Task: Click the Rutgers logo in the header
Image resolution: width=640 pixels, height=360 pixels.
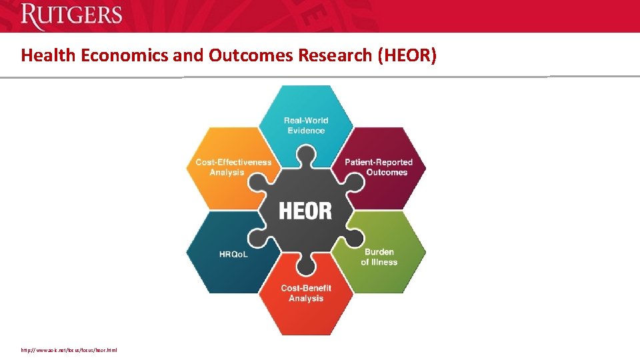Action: click(71, 15)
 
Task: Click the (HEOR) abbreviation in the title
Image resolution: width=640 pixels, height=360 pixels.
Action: click(407, 55)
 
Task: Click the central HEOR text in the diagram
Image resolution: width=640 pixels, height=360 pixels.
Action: click(305, 211)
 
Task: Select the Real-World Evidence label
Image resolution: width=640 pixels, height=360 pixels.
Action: click(306, 125)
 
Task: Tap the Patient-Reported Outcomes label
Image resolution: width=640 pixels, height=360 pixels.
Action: click(379, 167)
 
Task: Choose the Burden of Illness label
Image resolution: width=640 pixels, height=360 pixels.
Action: click(379, 257)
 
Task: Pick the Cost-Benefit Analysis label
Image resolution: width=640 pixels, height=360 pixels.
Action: click(306, 293)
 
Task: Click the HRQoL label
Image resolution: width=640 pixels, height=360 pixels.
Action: click(233, 255)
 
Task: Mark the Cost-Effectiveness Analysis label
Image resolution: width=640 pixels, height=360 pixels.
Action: click(233, 167)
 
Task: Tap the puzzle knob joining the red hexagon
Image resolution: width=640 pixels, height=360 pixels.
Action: click(306, 266)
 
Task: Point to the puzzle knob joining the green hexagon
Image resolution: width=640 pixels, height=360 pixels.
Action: click(353, 237)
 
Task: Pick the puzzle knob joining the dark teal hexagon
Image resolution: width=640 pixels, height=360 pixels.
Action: click(259, 237)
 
